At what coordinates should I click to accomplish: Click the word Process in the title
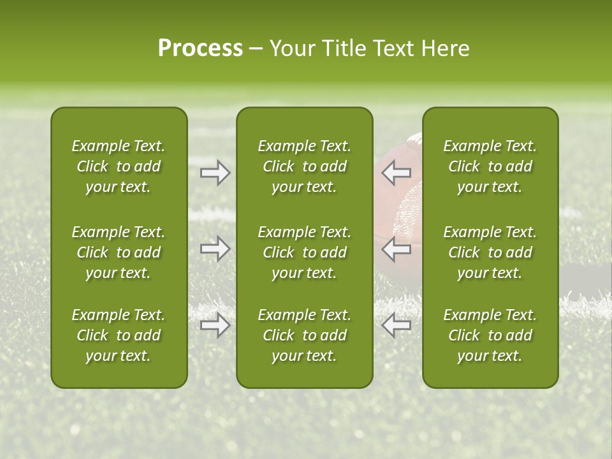click(200, 48)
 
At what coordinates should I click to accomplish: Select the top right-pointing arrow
click(215, 172)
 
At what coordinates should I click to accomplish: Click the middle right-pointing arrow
click(215, 249)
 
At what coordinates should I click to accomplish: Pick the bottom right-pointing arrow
click(215, 325)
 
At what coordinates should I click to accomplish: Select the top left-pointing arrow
click(397, 172)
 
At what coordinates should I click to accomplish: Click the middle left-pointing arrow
click(397, 249)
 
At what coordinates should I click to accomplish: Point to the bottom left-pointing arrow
click(397, 325)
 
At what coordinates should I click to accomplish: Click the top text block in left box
click(119, 166)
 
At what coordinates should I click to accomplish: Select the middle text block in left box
click(119, 252)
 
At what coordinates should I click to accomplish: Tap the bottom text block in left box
click(119, 335)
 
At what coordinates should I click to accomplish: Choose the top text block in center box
click(305, 166)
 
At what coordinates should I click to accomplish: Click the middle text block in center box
click(305, 252)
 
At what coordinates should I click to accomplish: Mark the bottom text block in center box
click(305, 335)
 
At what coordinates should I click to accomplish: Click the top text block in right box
click(490, 166)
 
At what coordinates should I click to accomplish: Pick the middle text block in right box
click(490, 252)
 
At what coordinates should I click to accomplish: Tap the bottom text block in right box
click(490, 335)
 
